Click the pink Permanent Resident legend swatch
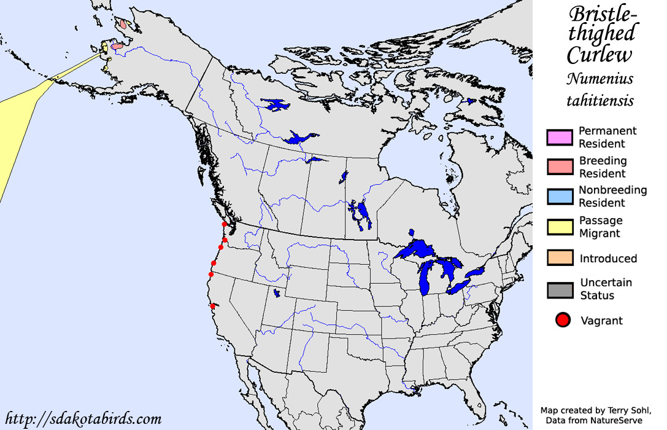click(x=559, y=138)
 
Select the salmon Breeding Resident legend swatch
click(x=559, y=167)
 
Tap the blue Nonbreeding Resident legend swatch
click(x=559, y=197)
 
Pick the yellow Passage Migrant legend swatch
click(x=559, y=227)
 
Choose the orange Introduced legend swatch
click(x=559, y=259)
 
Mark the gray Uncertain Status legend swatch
click(x=559, y=289)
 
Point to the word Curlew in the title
click(x=599, y=55)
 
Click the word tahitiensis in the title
click(x=600, y=100)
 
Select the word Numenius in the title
click(x=600, y=79)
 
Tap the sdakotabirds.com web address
click(x=82, y=420)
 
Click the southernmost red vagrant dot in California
click(x=213, y=306)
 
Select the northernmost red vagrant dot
click(x=225, y=225)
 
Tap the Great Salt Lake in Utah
click(x=277, y=294)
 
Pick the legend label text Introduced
click(x=608, y=259)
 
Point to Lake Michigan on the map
click(x=426, y=279)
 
